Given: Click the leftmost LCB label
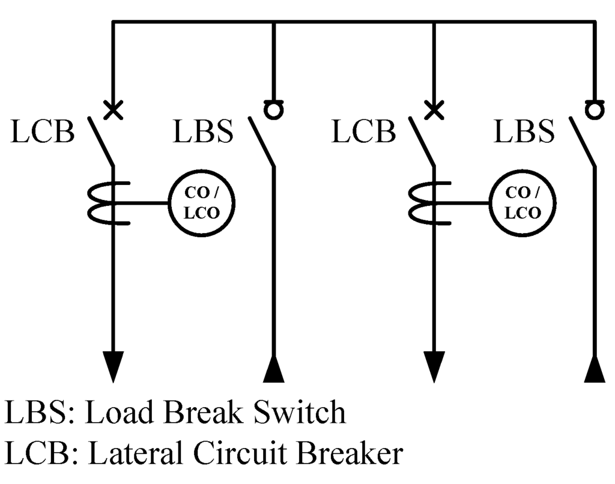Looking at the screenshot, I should pyautogui.click(x=42, y=133).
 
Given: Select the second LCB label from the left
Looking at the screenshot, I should pyautogui.click(x=363, y=133).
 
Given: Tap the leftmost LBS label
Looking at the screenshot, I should pyautogui.click(x=203, y=133).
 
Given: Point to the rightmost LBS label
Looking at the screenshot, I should pyautogui.click(x=524, y=133).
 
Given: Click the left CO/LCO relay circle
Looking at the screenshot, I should pyautogui.click(x=201, y=203).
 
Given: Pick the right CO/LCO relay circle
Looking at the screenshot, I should pyautogui.click(x=522, y=203).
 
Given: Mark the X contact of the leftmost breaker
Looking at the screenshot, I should pyautogui.click(x=112, y=110).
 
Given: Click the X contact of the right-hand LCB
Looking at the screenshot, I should pyautogui.click(x=433, y=110).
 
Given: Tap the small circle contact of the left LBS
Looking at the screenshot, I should pyautogui.click(x=274, y=110).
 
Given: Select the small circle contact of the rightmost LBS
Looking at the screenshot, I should pyautogui.click(x=595, y=110).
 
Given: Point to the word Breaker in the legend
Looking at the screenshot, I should pyautogui.click(x=348, y=454).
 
